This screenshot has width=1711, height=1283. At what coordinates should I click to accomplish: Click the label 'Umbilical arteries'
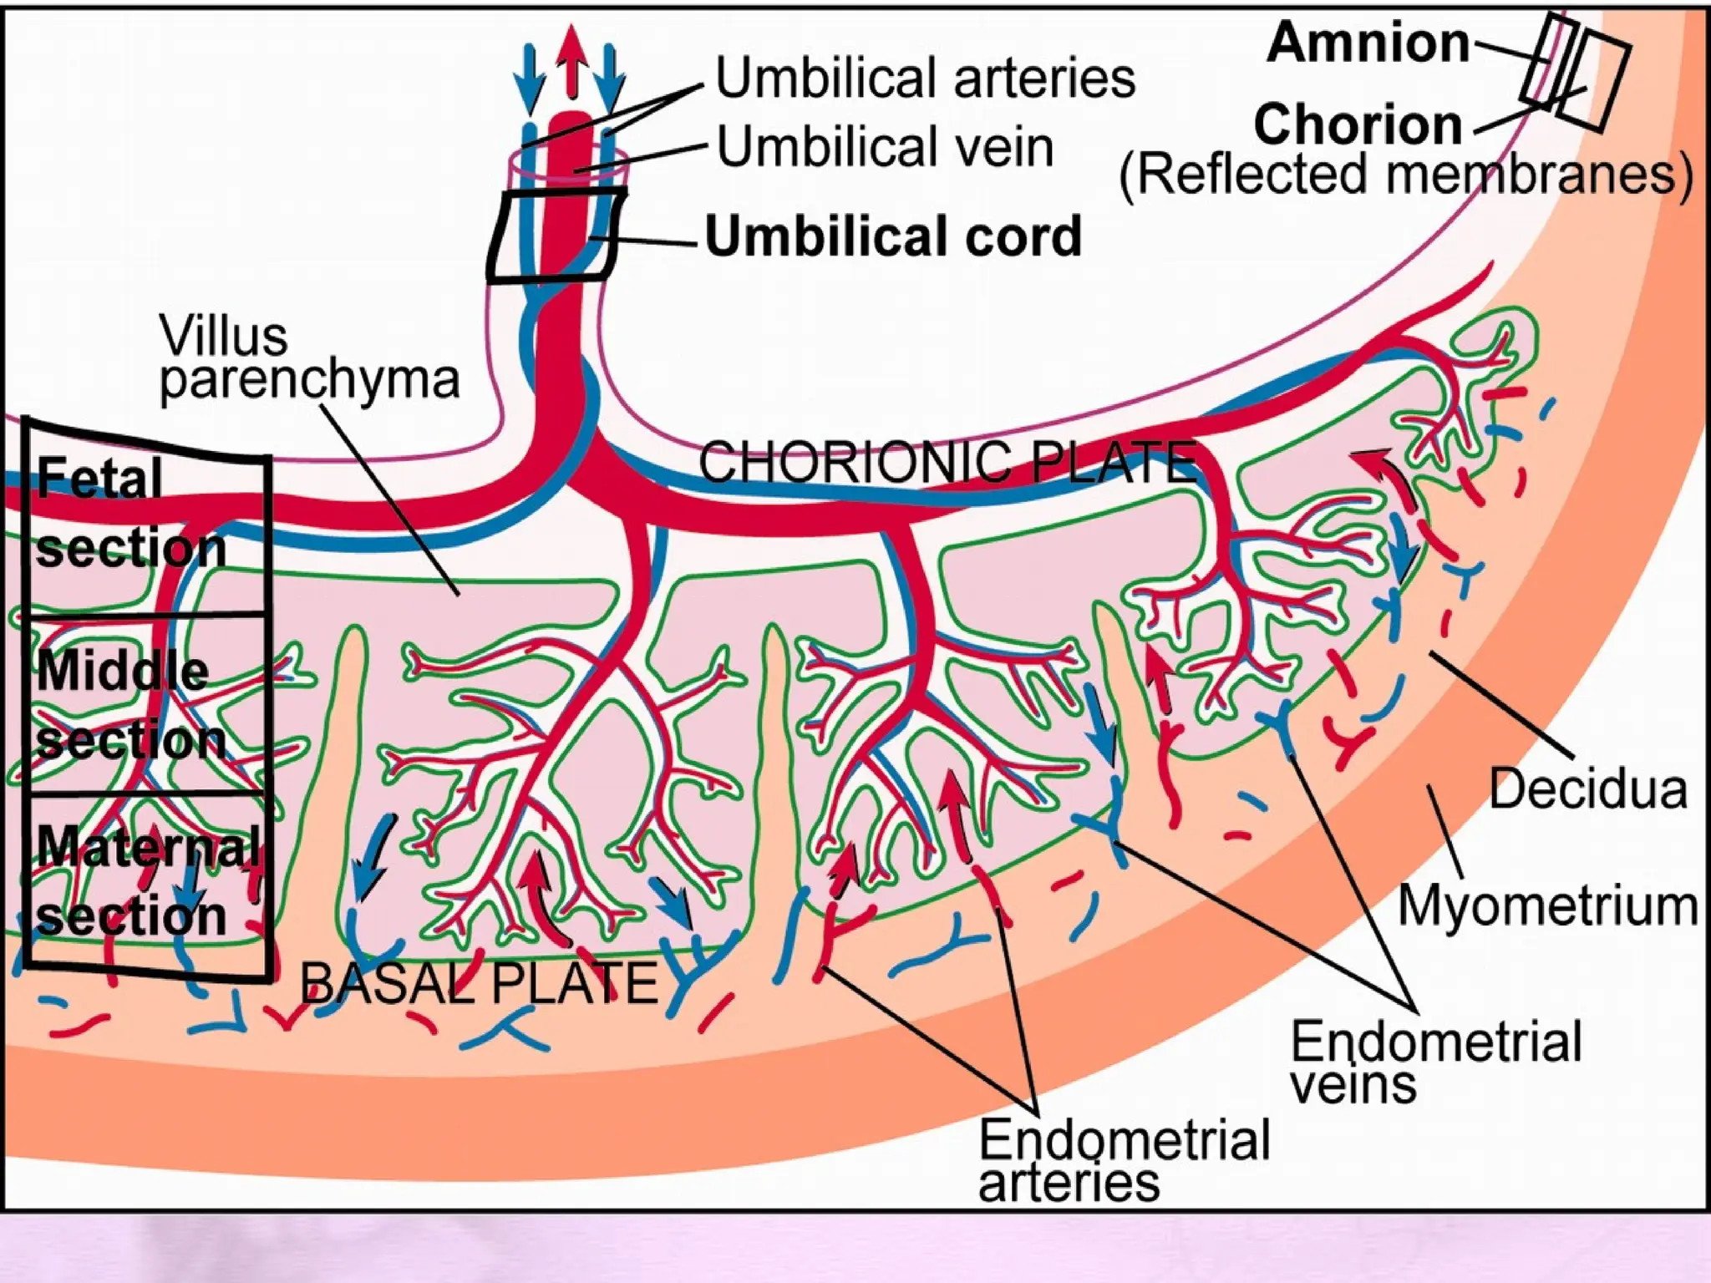925,78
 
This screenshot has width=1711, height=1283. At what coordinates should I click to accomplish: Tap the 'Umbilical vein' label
885,147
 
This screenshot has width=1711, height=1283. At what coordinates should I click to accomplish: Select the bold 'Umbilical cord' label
893,236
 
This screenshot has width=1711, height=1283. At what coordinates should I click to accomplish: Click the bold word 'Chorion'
1358,124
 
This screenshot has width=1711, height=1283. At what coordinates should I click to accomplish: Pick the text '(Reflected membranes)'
1405,175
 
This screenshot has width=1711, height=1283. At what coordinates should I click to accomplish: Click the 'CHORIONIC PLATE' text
946,462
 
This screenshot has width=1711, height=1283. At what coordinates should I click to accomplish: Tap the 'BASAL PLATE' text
479,983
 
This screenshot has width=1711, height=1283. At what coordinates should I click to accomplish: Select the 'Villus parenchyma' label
308,358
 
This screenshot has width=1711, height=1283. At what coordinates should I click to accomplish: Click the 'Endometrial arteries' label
1123,1161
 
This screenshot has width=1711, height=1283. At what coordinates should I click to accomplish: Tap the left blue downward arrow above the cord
529,79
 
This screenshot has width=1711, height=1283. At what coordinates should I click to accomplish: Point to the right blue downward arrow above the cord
612,79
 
